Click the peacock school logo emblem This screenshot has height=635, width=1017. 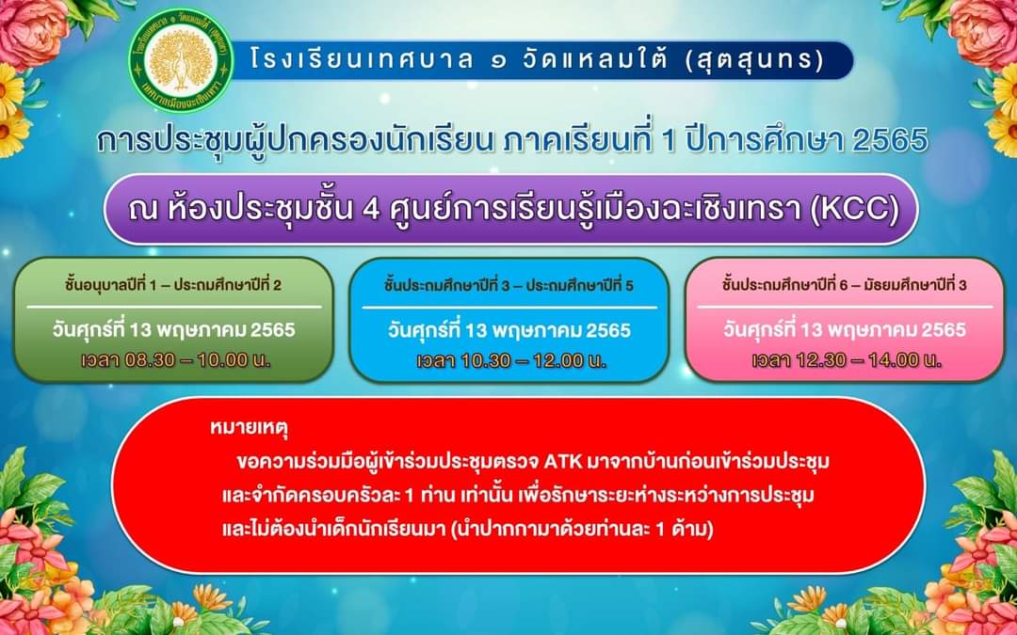[x=181, y=59]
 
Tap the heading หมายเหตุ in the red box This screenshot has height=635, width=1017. [x=249, y=430]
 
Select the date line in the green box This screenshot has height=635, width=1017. [x=174, y=329]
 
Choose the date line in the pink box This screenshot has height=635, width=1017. [x=845, y=329]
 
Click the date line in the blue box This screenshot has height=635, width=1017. [x=509, y=330]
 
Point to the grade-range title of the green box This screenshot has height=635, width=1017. [x=173, y=284]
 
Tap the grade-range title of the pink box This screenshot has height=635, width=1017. [x=845, y=284]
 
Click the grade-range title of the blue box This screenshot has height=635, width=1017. [x=508, y=285]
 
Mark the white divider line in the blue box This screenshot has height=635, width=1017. [x=509, y=308]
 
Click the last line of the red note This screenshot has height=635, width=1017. [x=467, y=529]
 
